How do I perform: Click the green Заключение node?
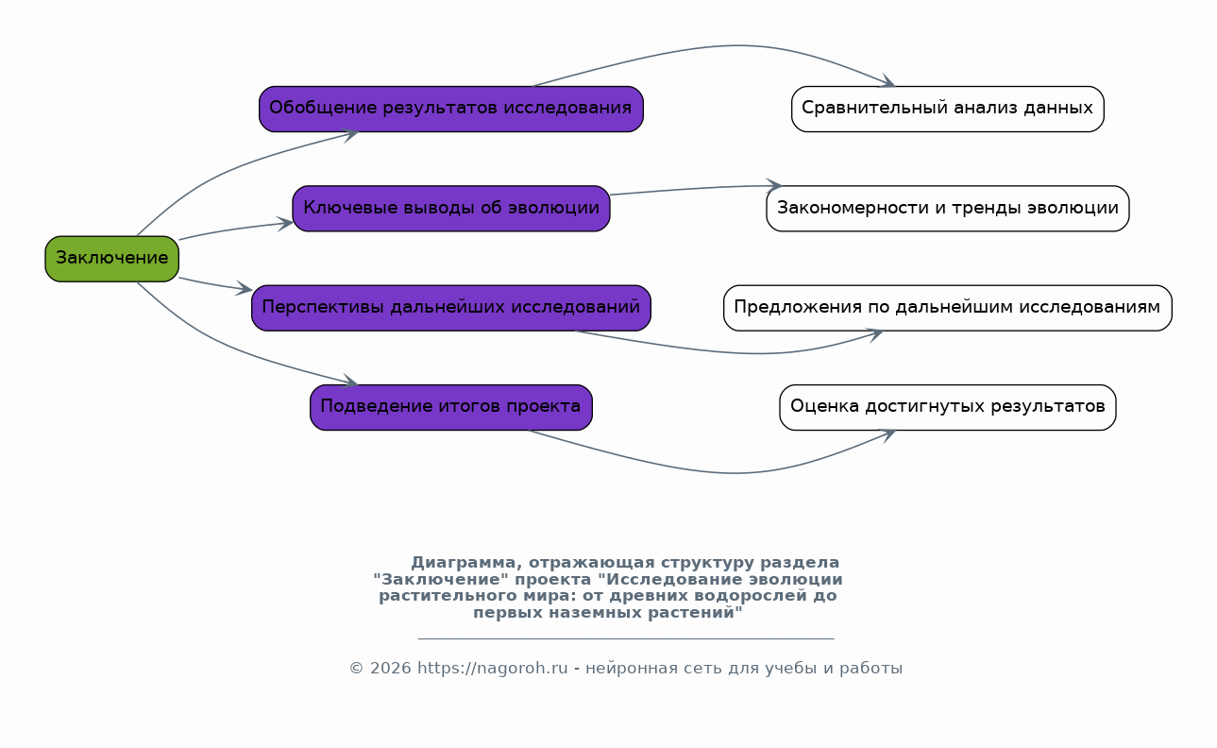(x=112, y=259)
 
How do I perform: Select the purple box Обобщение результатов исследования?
(x=451, y=109)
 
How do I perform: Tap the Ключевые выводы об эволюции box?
(x=451, y=209)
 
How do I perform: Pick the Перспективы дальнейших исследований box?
(x=451, y=308)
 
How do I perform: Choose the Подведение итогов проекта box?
(x=451, y=408)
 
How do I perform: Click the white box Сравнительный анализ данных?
(x=948, y=109)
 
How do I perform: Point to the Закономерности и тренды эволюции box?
(x=948, y=209)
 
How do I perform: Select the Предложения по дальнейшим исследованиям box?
(x=948, y=308)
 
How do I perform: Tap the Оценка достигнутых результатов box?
(x=948, y=408)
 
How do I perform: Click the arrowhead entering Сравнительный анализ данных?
(x=887, y=81)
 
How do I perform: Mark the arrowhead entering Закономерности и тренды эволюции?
(x=773, y=186)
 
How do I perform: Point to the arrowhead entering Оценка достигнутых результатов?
(x=887, y=434)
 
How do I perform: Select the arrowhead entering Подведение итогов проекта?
(x=350, y=381)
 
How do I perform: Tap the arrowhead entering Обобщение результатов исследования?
(x=350, y=134)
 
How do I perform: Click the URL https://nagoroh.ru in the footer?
(x=492, y=668)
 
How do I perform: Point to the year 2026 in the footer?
(x=391, y=668)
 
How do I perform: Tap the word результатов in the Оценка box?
(x=1048, y=406)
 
